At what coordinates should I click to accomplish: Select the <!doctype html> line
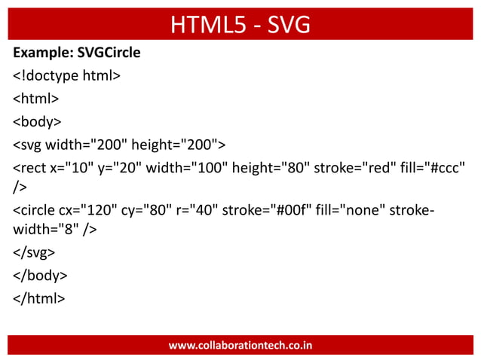(x=66, y=76)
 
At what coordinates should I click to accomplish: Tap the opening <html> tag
(x=35, y=98)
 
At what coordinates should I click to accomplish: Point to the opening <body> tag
(x=37, y=120)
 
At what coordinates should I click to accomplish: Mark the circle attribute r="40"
(x=205, y=209)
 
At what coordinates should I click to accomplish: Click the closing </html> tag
(x=38, y=297)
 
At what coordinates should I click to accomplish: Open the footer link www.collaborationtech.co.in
(x=240, y=346)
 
